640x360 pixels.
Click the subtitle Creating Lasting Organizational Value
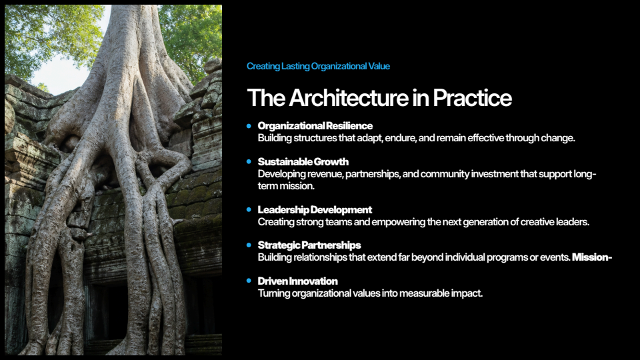[x=318, y=66]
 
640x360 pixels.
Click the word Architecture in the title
[x=349, y=98]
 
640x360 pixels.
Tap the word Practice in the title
[x=472, y=98]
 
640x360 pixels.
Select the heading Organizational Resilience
[x=315, y=126]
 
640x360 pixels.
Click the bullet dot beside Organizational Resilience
[x=249, y=126]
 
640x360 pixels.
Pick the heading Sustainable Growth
[x=303, y=161]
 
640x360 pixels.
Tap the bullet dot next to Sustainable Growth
[x=249, y=161]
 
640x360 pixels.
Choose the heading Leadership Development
[x=315, y=210]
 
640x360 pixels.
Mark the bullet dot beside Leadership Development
[x=249, y=210]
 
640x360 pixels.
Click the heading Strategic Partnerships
[x=309, y=245]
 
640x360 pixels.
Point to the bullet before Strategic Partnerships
[x=249, y=245]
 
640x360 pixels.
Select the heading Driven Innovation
[x=297, y=281]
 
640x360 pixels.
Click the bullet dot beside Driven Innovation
[x=249, y=281]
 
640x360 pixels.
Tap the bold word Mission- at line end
[x=592, y=257]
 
